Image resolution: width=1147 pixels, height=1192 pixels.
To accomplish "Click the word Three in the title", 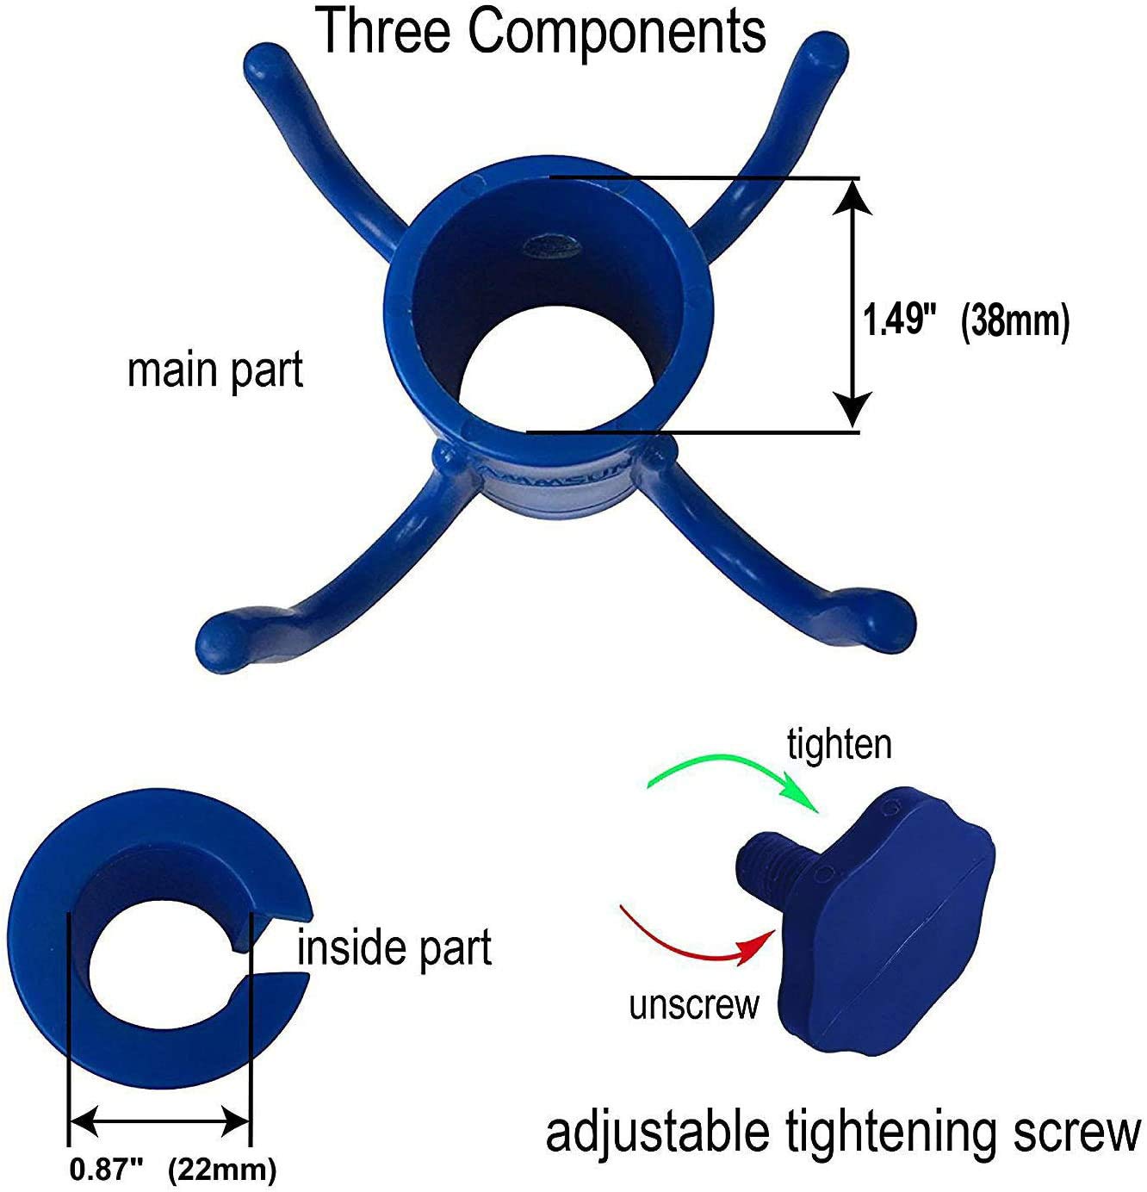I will (385, 31).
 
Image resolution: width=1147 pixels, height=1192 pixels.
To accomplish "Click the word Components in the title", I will (617, 33).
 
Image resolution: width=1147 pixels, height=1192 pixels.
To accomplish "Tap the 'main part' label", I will (215, 370).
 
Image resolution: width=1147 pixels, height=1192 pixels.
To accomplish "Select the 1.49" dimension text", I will (899, 321).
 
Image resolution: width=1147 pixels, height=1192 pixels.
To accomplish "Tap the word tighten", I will (840, 744).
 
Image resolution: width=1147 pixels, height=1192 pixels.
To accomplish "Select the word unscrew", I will (694, 1004).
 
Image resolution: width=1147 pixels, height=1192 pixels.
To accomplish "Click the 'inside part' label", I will (394, 948).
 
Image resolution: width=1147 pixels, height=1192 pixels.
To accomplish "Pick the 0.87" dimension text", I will (106, 1170).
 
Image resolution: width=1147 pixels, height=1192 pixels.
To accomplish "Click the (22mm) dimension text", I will (222, 1170).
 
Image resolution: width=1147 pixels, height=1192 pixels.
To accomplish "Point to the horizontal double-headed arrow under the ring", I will (159, 1121).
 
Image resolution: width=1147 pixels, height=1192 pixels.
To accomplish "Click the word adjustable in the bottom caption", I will (658, 1133).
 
